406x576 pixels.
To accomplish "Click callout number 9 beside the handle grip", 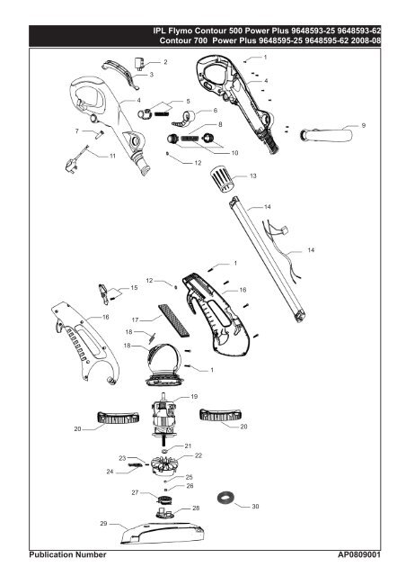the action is [364, 126].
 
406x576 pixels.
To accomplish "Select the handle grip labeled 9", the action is [326, 135].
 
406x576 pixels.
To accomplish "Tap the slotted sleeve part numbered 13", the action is [221, 178].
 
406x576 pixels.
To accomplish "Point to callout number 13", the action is [253, 176].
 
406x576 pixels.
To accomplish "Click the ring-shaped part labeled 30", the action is [225, 498].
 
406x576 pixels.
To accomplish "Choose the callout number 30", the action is [255, 506].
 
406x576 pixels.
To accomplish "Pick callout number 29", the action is [104, 523].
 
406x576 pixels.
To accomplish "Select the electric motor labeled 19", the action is [163, 418].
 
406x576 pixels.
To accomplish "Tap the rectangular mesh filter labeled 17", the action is [174, 320].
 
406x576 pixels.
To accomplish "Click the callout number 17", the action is [135, 320].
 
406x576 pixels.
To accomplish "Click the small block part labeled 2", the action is [139, 63].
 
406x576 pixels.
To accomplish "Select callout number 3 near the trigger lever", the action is [152, 75].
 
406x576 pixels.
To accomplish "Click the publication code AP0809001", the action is [359, 554].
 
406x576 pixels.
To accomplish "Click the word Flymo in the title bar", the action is [180, 31].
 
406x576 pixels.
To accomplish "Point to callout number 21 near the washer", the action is [188, 446].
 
